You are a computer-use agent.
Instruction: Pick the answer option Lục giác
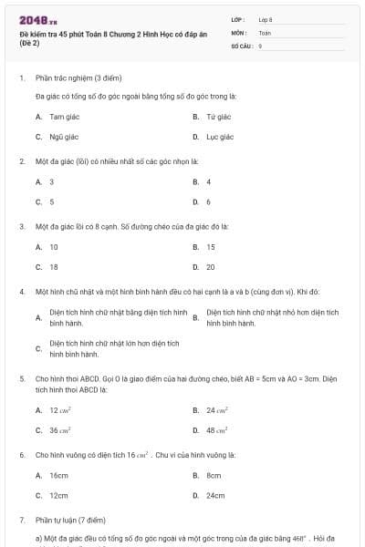(x=219, y=137)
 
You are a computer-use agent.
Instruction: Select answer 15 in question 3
(x=211, y=247)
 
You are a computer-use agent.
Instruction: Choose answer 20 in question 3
(x=211, y=267)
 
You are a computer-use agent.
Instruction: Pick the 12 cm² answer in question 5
(x=60, y=410)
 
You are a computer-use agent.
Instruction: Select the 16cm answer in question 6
(x=58, y=475)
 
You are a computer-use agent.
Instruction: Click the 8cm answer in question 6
(x=214, y=475)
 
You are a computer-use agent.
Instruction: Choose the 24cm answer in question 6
(x=215, y=495)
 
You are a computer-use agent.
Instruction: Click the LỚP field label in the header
(x=238, y=18)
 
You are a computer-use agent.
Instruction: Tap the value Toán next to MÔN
(x=265, y=31)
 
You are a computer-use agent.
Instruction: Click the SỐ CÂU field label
(x=241, y=44)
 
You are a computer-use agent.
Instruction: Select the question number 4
(x=21, y=292)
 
